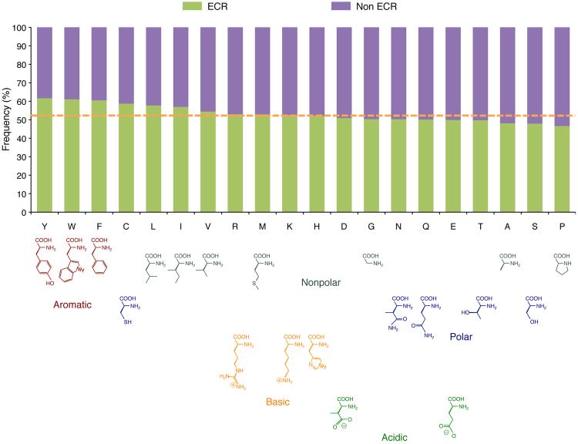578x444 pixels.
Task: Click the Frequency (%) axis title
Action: coord(6,119)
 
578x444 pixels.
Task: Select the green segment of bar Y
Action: coord(44,155)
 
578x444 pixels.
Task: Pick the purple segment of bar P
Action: coord(563,76)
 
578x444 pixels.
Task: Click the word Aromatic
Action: coord(72,305)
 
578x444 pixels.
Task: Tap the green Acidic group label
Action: coord(395,437)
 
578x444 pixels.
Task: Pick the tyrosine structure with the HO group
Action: coord(43,266)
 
